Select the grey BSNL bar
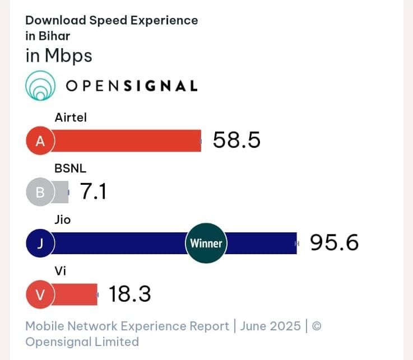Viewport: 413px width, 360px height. click(x=61, y=193)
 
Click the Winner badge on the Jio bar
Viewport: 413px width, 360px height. click(x=206, y=244)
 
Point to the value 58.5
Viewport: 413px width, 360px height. click(x=236, y=141)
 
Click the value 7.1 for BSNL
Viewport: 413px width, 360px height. click(x=93, y=192)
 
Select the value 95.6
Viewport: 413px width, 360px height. click(x=334, y=243)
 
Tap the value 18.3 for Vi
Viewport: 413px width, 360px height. click(x=129, y=294)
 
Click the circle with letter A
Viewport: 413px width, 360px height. click(x=40, y=141)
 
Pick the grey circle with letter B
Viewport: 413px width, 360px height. click(x=40, y=193)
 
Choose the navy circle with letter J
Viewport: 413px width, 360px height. click(x=40, y=244)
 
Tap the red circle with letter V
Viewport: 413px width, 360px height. click(x=40, y=295)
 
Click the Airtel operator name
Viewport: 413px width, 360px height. click(x=71, y=118)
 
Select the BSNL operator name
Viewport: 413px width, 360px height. click(x=70, y=169)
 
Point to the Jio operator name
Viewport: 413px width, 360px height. click(x=62, y=219)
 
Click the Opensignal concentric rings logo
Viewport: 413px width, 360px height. click(x=40, y=86)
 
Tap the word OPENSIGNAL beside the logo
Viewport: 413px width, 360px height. click(x=132, y=86)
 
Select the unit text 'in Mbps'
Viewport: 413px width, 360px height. click(x=59, y=56)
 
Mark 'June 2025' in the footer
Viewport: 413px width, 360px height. click(x=270, y=326)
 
